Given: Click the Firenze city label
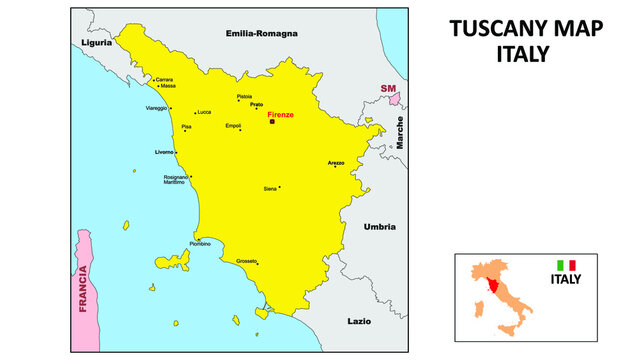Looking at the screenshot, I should pyautogui.click(x=280, y=115).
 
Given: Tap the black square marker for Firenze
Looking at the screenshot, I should pyautogui.click(x=271, y=123).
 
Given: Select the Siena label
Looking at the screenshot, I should pyautogui.click(x=269, y=188).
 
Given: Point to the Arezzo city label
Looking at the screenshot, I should pyautogui.click(x=336, y=162).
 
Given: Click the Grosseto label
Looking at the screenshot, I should pyautogui.click(x=247, y=261).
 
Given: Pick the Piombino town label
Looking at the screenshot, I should pyautogui.click(x=200, y=244).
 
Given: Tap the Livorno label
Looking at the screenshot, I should pyautogui.click(x=164, y=151).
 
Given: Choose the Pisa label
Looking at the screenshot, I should pyautogui.click(x=187, y=128).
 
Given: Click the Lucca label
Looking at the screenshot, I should pyautogui.click(x=204, y=112).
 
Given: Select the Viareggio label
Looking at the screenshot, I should pyautogui.click(x=157, y=107).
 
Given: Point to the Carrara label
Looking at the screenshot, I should pyautogui.click(x=163, y=79).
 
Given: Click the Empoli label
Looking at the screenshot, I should pyautogui.click(x=233, y=125).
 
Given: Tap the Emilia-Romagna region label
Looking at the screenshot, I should pyautogui.click(x=262, y=33).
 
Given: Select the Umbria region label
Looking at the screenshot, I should pyautogui.click(x=380, y=226).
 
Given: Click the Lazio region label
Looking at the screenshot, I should pyautogui.click(x=359, y=321).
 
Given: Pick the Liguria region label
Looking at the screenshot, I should pyautogui.click(x=96, y=43).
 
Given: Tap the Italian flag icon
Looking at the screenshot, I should pyautogui.click(x=566, y=265).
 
